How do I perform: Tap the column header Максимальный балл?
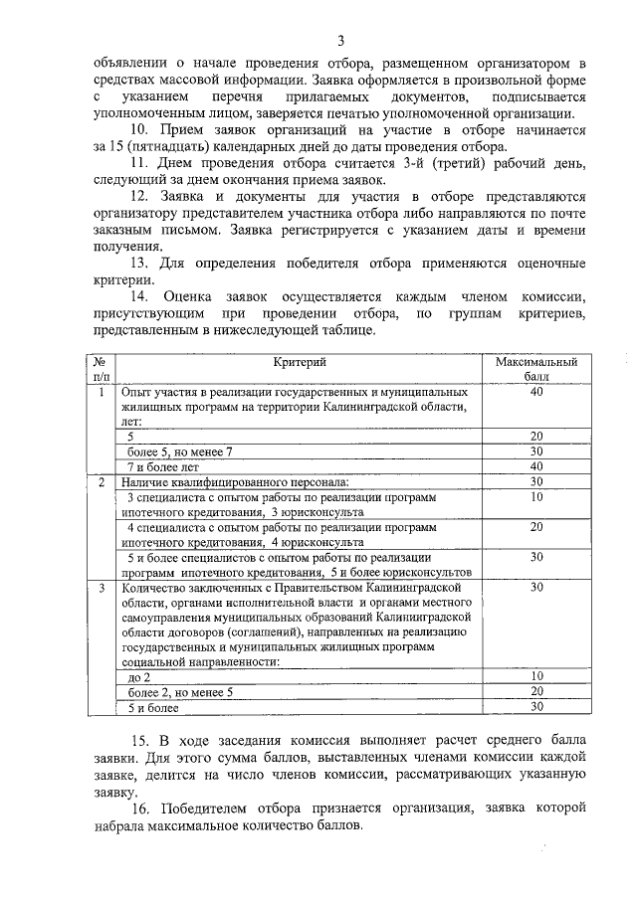coord(535,373)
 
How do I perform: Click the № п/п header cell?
coord(101,373)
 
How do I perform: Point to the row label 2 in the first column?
coord(101,481)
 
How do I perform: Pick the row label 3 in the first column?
coord(101,588)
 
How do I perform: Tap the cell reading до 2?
coord(139,676)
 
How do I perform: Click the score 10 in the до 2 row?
coord(535,676)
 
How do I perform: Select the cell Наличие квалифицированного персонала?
coord(229,481)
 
